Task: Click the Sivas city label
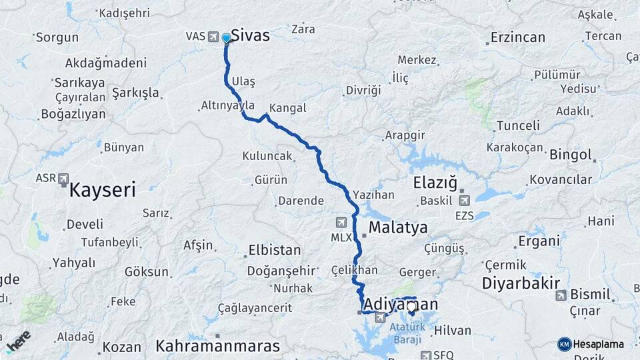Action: (250, 35)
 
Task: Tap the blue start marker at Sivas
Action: (227, 38)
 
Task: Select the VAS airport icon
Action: (213, 36)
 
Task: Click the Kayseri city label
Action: (103, 190)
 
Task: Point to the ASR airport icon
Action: (63, 179)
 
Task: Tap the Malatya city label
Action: (398, 227)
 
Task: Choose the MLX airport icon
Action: (341, 222)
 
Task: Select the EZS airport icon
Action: (465, 200)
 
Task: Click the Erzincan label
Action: (517, 37)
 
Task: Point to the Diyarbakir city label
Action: (521, 283)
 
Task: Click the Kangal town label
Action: (288, 108)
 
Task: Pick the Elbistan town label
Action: (274, 251)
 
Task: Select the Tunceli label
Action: (518, 125)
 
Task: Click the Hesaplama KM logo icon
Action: (565, 344)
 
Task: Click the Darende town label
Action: (301, 201)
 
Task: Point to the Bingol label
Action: (571, 155)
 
